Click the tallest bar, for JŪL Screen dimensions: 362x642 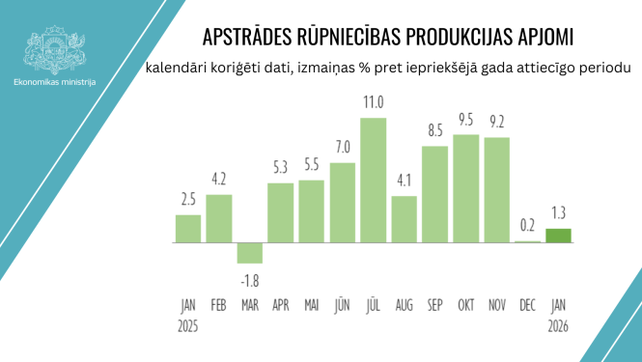(374, 180)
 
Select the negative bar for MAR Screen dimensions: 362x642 (250, 252)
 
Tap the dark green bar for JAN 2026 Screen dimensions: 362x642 (559, 236)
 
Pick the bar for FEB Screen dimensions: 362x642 (219, 218)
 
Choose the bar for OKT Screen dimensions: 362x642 (466, 188)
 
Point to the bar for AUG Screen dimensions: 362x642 (405, 219)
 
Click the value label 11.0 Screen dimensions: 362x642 (374, 102)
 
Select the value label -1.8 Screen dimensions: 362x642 (249, 280)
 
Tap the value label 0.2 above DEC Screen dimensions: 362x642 (528, 226)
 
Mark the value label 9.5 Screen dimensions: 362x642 (466, 120)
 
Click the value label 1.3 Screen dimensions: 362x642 (559, 213)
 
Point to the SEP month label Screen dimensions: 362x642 (435, 305)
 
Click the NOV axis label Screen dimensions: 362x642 (497, 305)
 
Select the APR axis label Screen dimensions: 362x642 (280, 305)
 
